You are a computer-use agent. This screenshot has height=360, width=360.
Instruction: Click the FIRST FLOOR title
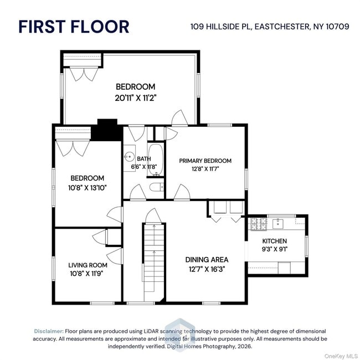(74, 26)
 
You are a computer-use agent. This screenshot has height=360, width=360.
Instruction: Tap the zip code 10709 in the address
(336, 26)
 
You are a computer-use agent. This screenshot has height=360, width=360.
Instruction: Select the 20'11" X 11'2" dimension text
(135, 97)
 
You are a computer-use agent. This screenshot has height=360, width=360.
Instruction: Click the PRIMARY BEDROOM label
(205, 161)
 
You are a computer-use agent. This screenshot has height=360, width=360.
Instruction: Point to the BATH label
(143, 158)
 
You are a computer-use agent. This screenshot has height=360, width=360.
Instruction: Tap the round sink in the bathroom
(128, 156)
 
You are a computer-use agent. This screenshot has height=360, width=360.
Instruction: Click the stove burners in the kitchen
(259, 224)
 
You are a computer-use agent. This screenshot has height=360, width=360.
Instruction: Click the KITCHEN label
(274, 241)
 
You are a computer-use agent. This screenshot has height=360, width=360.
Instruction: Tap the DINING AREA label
(206, 259)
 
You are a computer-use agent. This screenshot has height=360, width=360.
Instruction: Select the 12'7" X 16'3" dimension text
(206, 269)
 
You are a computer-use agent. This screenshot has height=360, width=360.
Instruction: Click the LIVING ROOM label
(87, 265)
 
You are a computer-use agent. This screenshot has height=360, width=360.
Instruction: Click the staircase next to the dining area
(155, 260)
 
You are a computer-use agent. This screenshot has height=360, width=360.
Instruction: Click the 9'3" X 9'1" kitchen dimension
(274, 249)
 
